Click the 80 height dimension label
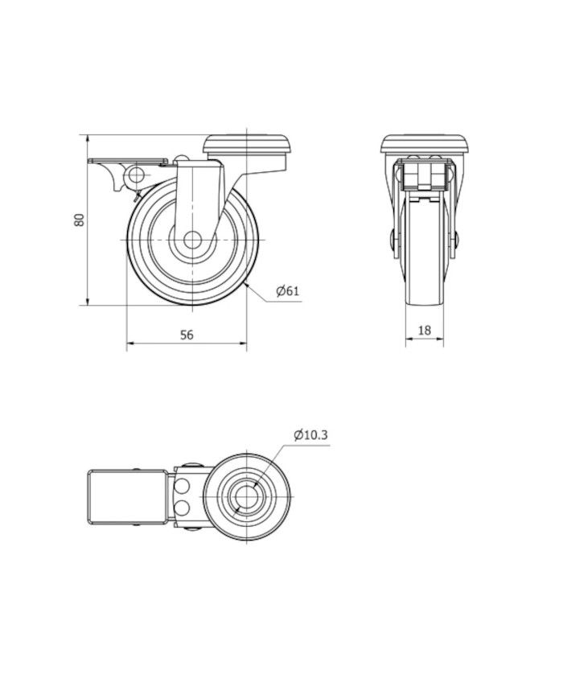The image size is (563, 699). (x=80, y=220)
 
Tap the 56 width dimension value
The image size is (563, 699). (x=187, y=335)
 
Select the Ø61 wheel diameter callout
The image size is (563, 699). (x=288, y=291)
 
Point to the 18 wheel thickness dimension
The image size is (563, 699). (x=425, y=330)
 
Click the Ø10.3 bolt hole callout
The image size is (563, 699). (x=310, y=434)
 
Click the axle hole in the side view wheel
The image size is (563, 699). (x=192, y=240)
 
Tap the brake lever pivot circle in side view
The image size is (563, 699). (x=135, y=175)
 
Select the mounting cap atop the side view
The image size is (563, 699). (x=247, y=145)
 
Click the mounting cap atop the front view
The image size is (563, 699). (x=425, y=145)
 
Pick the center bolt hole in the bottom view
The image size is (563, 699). (x=246, y=497)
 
